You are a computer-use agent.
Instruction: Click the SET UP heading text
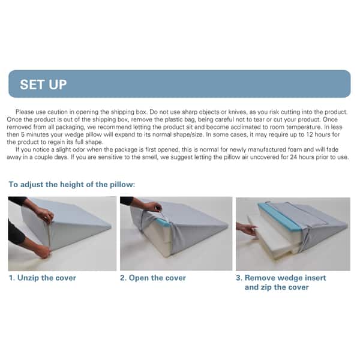tap(43, 85)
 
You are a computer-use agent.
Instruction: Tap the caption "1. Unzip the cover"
tap(43, 278)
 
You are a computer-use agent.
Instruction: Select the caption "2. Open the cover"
tap(153, 278)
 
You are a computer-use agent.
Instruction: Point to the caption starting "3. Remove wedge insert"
tap(281, 283)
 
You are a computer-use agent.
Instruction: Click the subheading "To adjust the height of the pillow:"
tap(72, 184)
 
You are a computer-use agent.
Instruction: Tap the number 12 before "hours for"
tap(310, 134)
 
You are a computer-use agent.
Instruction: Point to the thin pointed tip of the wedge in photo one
tap(110, 227)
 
